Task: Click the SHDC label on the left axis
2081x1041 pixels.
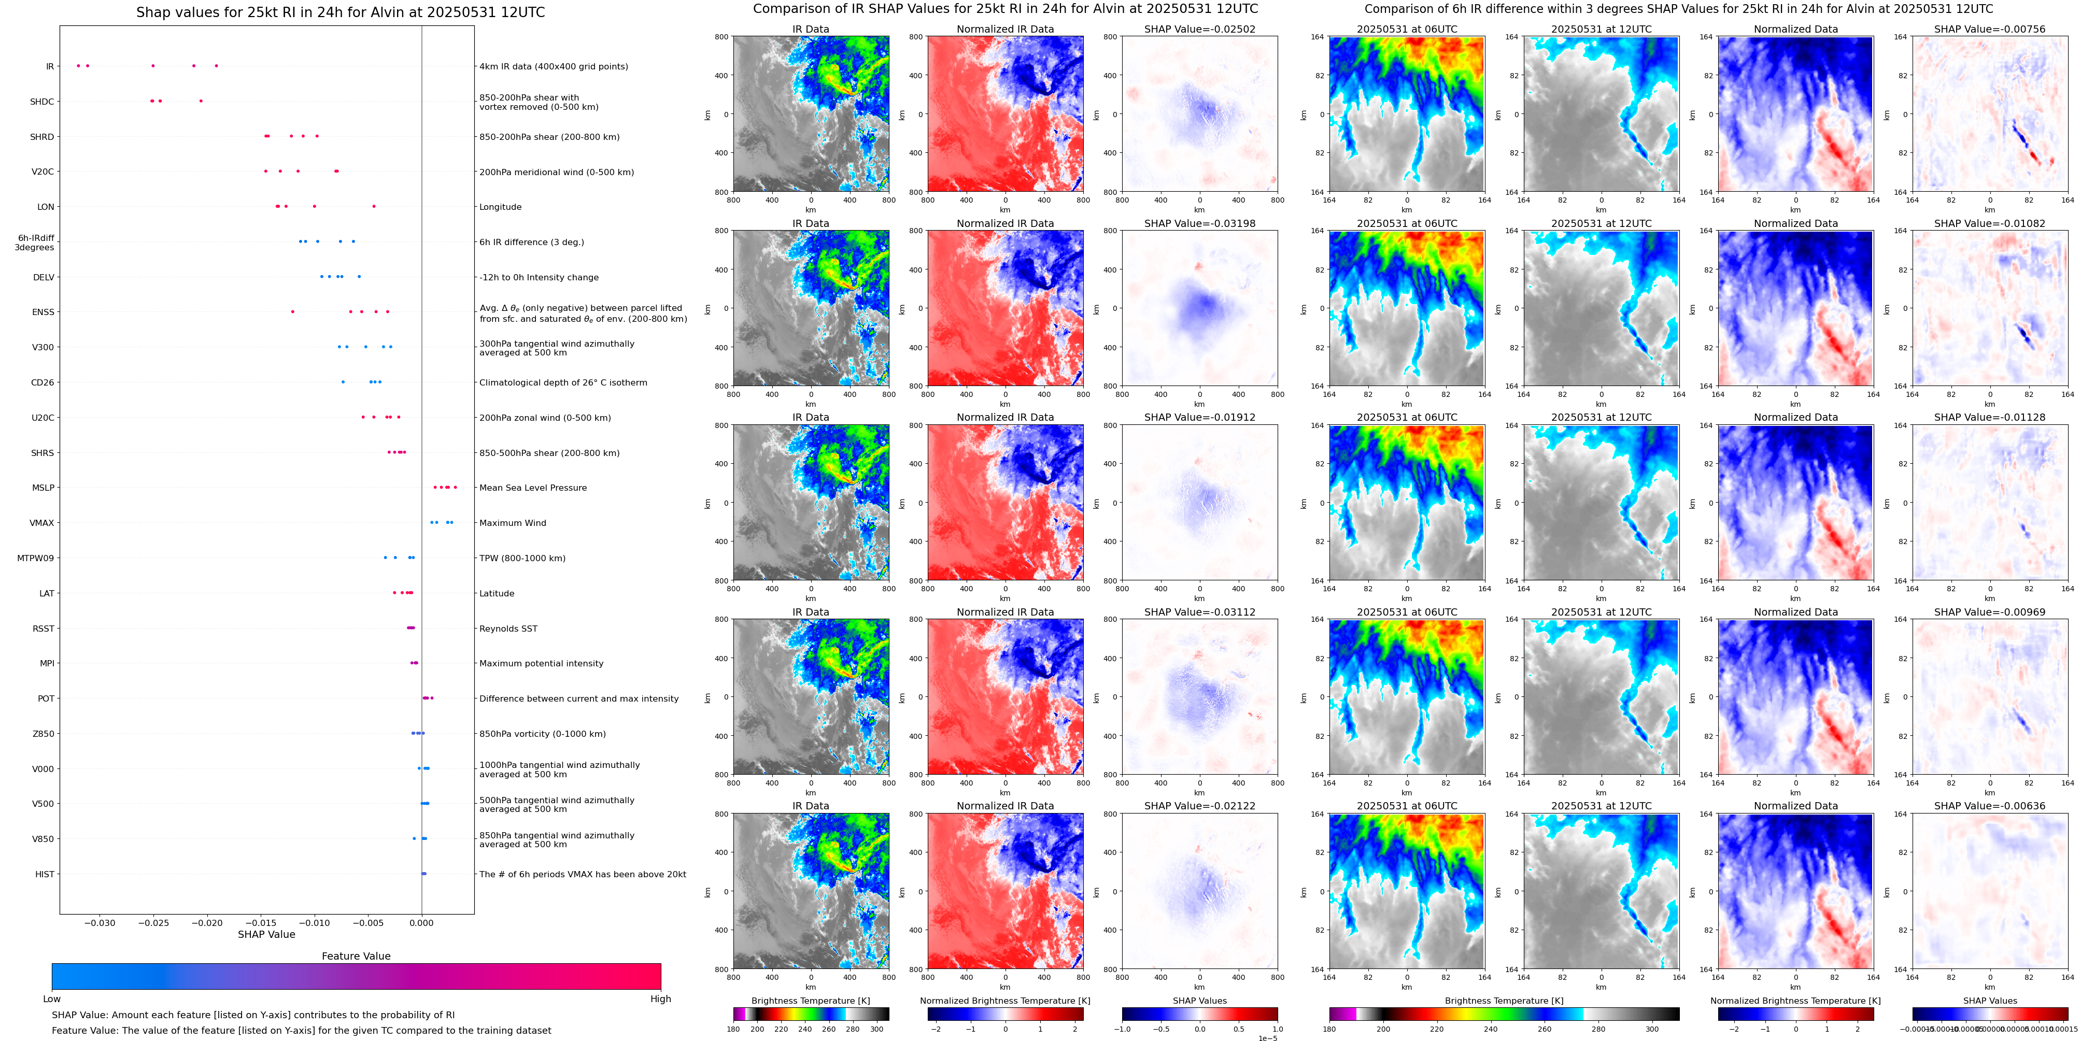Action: click(x=42, y=102)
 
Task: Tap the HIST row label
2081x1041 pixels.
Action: click(x=45, y=874)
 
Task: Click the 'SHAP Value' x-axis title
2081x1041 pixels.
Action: click(x=266, y=934)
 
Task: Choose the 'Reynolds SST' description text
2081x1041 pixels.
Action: click(x=508, y=629)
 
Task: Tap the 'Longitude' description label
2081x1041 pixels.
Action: click(x=500, y=207)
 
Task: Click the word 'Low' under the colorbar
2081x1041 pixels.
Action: click(x=52, y=999)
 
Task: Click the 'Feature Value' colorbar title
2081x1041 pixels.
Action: click(x=356, y=956)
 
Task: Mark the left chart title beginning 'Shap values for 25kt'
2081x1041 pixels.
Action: click(x=340, y=12)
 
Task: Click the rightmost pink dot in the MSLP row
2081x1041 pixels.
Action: click(x=456, y=487)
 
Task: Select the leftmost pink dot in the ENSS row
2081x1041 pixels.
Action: click(x=292, y=312)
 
